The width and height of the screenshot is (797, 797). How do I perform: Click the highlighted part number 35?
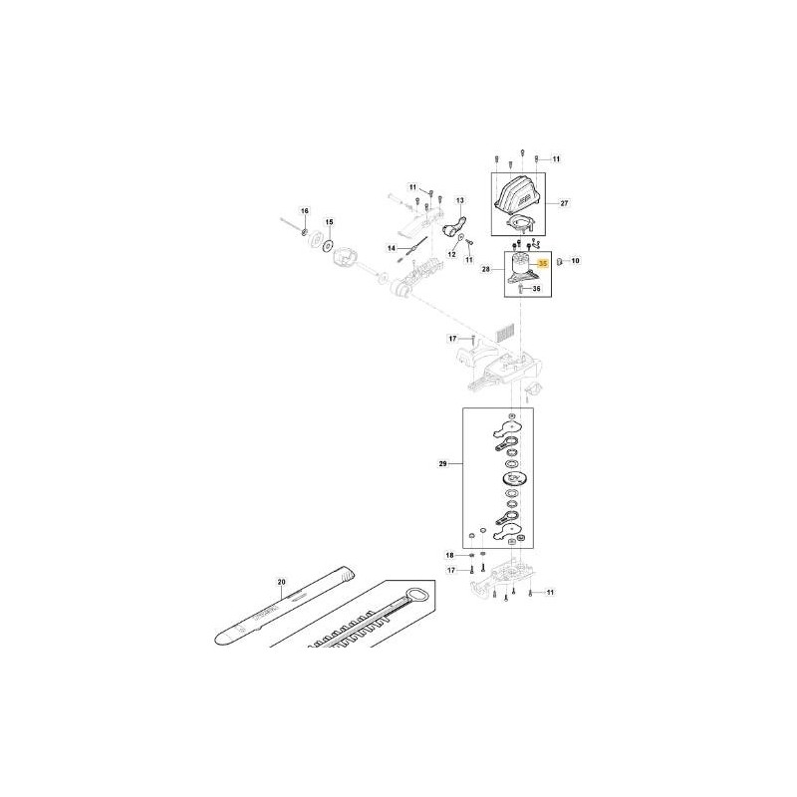point(543,264)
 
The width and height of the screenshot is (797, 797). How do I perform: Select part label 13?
point(460,200)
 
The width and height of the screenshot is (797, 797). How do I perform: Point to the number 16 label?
point(306,211)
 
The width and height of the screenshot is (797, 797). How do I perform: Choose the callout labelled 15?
point(330,222)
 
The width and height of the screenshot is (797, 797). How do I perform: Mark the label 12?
point(450,254)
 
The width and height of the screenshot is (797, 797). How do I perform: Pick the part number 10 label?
point(574,261)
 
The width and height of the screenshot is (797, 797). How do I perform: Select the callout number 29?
point(444,463)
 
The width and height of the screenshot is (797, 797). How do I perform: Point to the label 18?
point(449,555)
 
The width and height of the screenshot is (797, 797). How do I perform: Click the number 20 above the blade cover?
point(281,581)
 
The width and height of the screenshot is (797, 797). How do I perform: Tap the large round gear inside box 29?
point(511,479)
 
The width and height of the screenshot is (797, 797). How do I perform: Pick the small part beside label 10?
point(560,261)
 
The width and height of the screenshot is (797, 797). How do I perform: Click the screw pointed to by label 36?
point(521,289)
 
